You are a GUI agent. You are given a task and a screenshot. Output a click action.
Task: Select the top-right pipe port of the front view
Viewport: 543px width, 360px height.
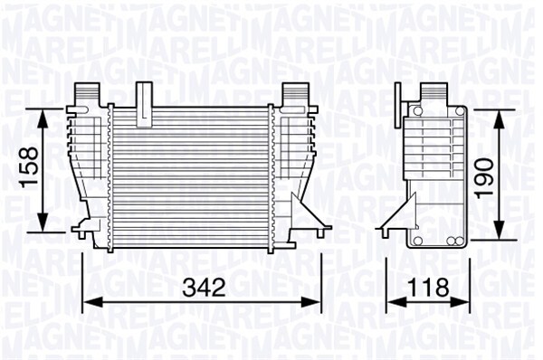click(x=293, y=93)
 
